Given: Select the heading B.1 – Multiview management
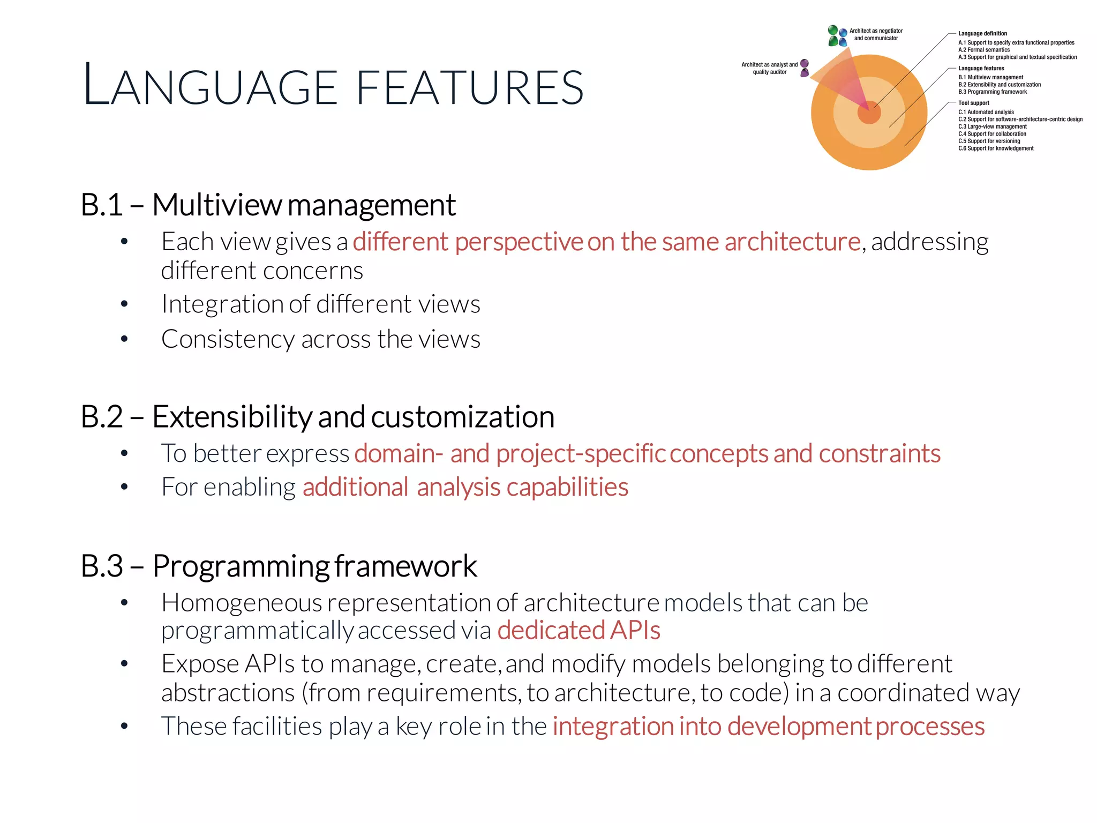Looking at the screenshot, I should [268, 205].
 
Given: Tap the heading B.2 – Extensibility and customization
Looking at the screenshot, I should [317, 417].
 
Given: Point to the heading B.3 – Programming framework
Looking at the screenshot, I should [279, 566].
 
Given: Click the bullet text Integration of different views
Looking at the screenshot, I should [320, 304].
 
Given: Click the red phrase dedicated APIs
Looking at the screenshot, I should [578, 631].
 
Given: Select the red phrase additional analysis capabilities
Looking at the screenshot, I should [465, 488].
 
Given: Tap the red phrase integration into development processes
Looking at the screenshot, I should [768, 727].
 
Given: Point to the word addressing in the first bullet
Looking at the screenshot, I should [929, 242].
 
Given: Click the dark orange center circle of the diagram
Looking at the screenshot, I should [869, 113].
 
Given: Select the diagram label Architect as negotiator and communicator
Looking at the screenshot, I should [876, 34].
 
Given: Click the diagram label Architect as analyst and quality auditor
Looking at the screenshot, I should [769, 68].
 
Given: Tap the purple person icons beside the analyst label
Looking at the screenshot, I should [804, 68].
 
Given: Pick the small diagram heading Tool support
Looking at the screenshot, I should [973, 103].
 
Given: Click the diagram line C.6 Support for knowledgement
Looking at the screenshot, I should [996, 148].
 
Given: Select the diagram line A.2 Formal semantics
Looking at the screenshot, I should [984, 50].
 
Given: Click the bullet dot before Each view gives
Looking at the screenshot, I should [124, 242].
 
